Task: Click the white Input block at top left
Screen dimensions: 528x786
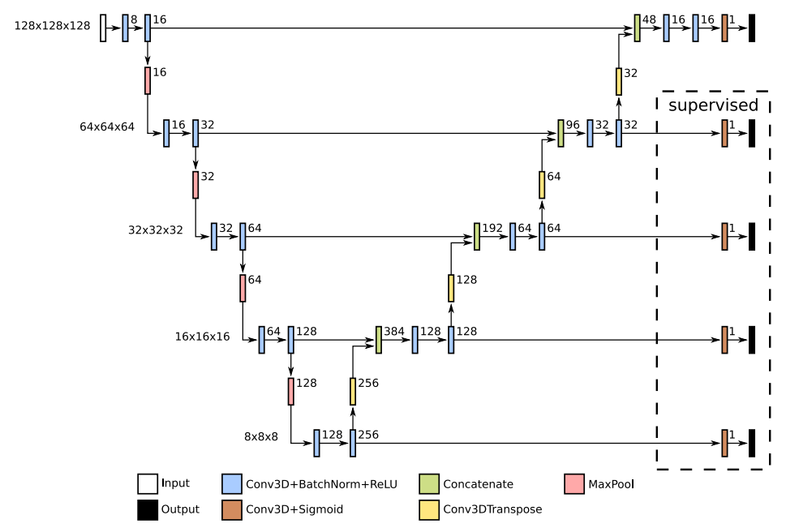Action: pos(103,28)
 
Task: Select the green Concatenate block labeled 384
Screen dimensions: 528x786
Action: pos(378,339)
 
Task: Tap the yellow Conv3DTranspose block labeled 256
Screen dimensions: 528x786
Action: pos(353,392)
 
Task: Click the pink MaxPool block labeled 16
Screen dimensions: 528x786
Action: pos(148,80)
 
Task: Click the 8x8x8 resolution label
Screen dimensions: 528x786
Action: pos(261,436)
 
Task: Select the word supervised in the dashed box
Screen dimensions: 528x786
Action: pos(713,105)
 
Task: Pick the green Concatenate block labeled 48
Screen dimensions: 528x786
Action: pos(638,28)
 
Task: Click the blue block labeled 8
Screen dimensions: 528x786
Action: pos(126,28)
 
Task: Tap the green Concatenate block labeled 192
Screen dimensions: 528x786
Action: pos(477,236)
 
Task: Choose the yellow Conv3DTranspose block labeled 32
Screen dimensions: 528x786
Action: pos(618,81)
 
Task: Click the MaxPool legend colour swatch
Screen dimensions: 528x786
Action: pos(573,485)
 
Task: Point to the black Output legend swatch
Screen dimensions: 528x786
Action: pos(147,509)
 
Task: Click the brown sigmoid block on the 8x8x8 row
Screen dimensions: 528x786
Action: pos(724,443)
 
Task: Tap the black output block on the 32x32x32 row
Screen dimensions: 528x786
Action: pos(752,236)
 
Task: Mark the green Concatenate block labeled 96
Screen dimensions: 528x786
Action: pos(561,133)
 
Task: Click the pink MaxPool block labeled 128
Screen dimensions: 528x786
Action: pos(290,392)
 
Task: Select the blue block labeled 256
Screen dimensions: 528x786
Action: pos(353,443)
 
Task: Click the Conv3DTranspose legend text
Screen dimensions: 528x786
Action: pos(492,509)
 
